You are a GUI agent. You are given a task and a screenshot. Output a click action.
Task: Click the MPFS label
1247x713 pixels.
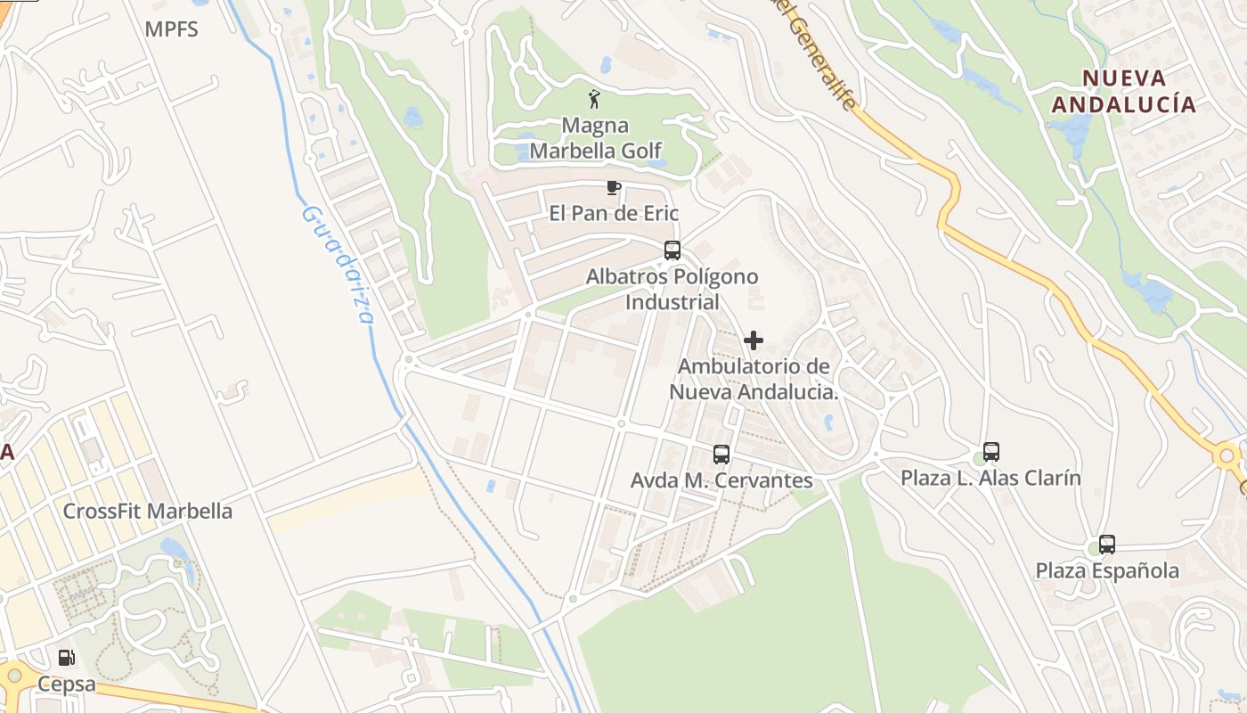[171, 29]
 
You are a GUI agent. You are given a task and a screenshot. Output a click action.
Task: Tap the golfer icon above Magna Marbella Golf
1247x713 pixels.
[594, 99]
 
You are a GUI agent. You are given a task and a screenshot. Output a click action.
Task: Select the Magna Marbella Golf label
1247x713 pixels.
[595, 138]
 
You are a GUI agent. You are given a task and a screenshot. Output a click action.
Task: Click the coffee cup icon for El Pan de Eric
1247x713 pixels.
[613, 187]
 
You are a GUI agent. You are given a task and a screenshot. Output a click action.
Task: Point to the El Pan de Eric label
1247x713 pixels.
[614, 213]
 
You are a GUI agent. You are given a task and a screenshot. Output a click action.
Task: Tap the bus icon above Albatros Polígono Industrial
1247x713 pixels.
[672, 250]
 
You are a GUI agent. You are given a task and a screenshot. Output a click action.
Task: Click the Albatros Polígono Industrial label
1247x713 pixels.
[672, 289]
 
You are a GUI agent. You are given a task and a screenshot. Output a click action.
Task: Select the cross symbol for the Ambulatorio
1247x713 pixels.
[754, 340]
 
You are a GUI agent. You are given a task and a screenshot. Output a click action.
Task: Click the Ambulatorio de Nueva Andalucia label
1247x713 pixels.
[754, 379]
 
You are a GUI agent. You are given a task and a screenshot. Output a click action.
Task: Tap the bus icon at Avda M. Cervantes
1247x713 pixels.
[721, 455]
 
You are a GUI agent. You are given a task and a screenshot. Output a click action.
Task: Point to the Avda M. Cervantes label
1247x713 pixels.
[721, 480]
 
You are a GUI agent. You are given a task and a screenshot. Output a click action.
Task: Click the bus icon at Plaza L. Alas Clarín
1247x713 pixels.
[991, 452]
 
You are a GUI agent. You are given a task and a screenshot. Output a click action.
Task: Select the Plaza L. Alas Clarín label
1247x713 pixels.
[990, 478]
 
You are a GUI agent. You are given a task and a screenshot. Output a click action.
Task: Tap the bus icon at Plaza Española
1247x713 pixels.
[1107, 545]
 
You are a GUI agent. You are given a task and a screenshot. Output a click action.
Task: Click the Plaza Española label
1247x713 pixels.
[1107, 570]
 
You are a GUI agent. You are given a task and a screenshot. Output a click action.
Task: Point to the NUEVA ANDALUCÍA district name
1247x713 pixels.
[1123, 91]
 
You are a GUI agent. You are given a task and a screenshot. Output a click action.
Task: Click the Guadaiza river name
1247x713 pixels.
[339, 265]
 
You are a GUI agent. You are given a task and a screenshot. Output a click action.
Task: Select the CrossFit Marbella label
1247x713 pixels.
[147, 512]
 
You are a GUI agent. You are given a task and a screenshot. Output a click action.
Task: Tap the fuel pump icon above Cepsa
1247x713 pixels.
[66, 659]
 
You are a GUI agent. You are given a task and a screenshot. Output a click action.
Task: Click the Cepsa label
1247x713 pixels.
[66, 684]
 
